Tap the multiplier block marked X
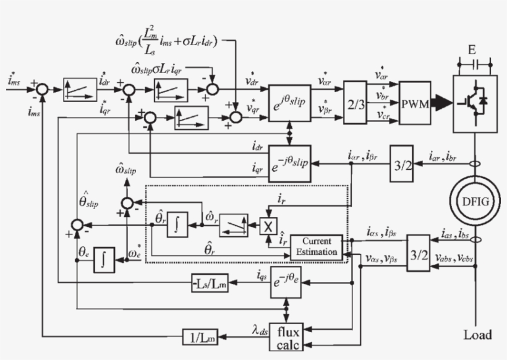(267, 226)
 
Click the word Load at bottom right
(477, 335)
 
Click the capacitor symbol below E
(474, 64)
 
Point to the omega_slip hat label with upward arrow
(126, 168)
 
